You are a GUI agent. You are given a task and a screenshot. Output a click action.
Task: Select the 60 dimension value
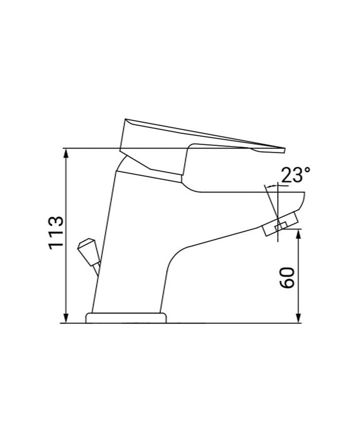(x=289, y=278)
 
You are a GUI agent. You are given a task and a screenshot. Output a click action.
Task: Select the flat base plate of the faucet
(x=127, y=318)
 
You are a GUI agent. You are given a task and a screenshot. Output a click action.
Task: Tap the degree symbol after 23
(x=308, y=171)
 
